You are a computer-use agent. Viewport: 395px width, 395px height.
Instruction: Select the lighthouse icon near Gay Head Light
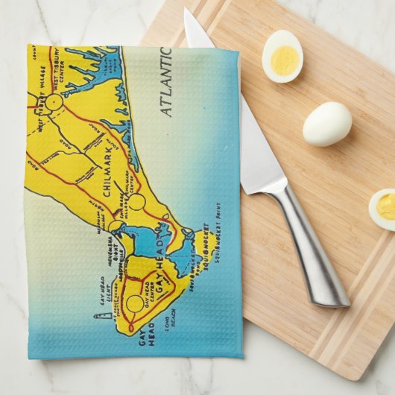tap(96, 317)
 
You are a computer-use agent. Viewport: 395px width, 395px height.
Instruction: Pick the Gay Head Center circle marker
tap(135, 304)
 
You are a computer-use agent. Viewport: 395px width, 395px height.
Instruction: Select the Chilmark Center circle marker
tap(137, 202)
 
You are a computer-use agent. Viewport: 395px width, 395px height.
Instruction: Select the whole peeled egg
tap(327, 123)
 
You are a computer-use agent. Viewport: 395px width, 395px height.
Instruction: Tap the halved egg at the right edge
tap(383, 209)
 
